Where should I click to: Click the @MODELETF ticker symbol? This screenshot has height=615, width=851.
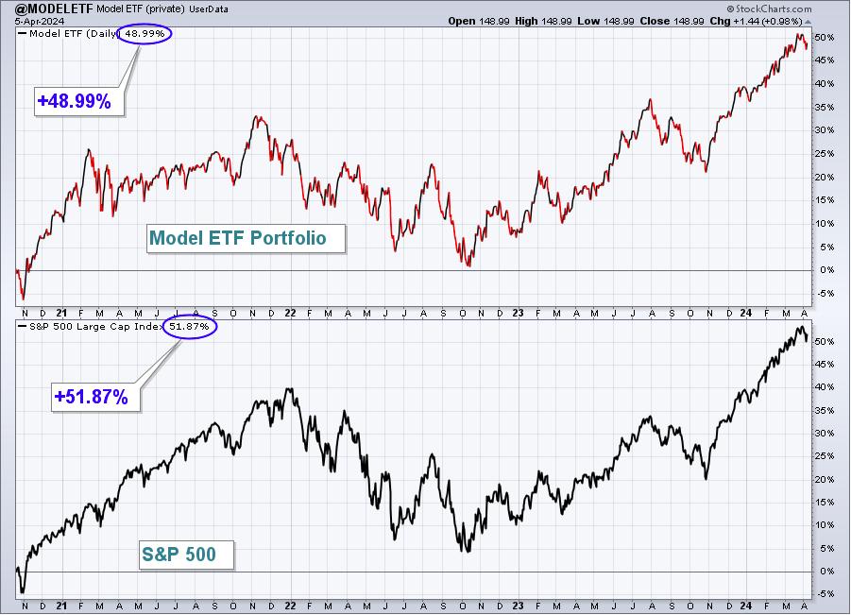[x=46, y=9]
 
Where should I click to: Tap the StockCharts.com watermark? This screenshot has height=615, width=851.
[x=770, y=9]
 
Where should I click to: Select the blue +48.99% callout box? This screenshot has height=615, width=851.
[x=79, y=101]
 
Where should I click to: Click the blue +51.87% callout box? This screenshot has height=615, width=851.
[x=96, y=397]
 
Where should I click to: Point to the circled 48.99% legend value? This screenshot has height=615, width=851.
[x=145, y=34]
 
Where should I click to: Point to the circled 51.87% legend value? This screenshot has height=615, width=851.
[x=190, y=327]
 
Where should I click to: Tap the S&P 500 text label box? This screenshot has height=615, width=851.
[x=187, y=555]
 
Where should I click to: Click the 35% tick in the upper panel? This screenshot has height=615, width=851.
[x=824, y=107]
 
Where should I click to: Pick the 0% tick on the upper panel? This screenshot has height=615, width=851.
[x=826, y=270]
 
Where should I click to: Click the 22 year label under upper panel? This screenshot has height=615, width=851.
[x=290, y=314]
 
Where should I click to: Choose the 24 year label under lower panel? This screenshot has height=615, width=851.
[x=746, y=606]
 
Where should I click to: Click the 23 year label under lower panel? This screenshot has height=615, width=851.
[x=518, y=606]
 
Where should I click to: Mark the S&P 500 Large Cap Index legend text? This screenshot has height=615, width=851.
[x=95, y=327]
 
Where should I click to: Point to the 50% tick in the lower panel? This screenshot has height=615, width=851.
[x=824, y=341]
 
